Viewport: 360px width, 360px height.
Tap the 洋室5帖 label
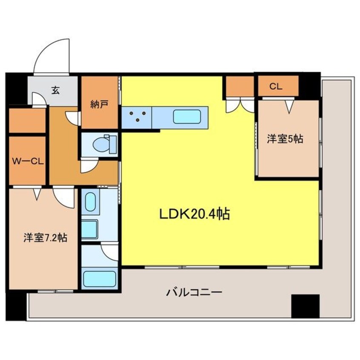[x=285, y=139]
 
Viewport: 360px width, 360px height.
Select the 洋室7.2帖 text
[x=45, y=238]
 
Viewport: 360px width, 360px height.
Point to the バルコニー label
[x=194, y=292]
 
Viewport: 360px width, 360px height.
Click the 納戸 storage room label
[x=98, y=104]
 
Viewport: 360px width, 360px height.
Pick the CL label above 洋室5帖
[x=276, y=86]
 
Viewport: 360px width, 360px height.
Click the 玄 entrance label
[x=55, y=90]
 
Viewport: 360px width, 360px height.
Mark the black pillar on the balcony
[x=305, y=306]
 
